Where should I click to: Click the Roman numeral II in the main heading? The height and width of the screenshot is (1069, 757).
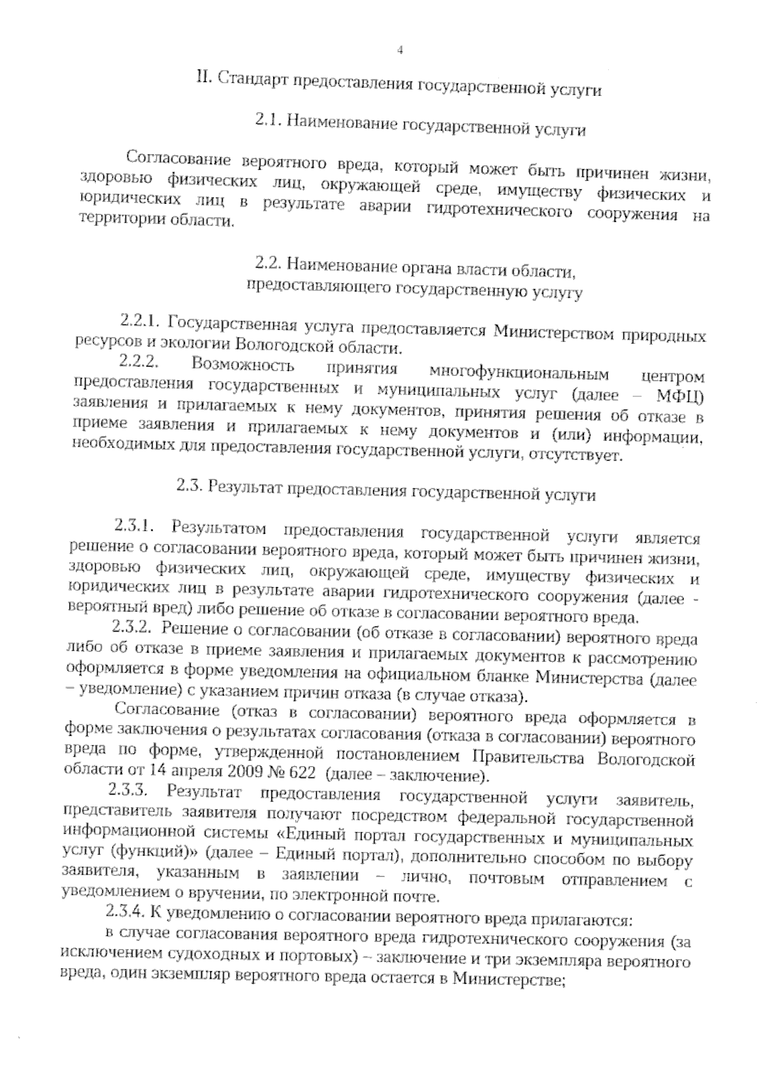pyautogui.click(x=202, y=78)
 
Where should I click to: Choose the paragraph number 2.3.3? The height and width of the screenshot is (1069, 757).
pyautogui.click(x=128, y=789)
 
